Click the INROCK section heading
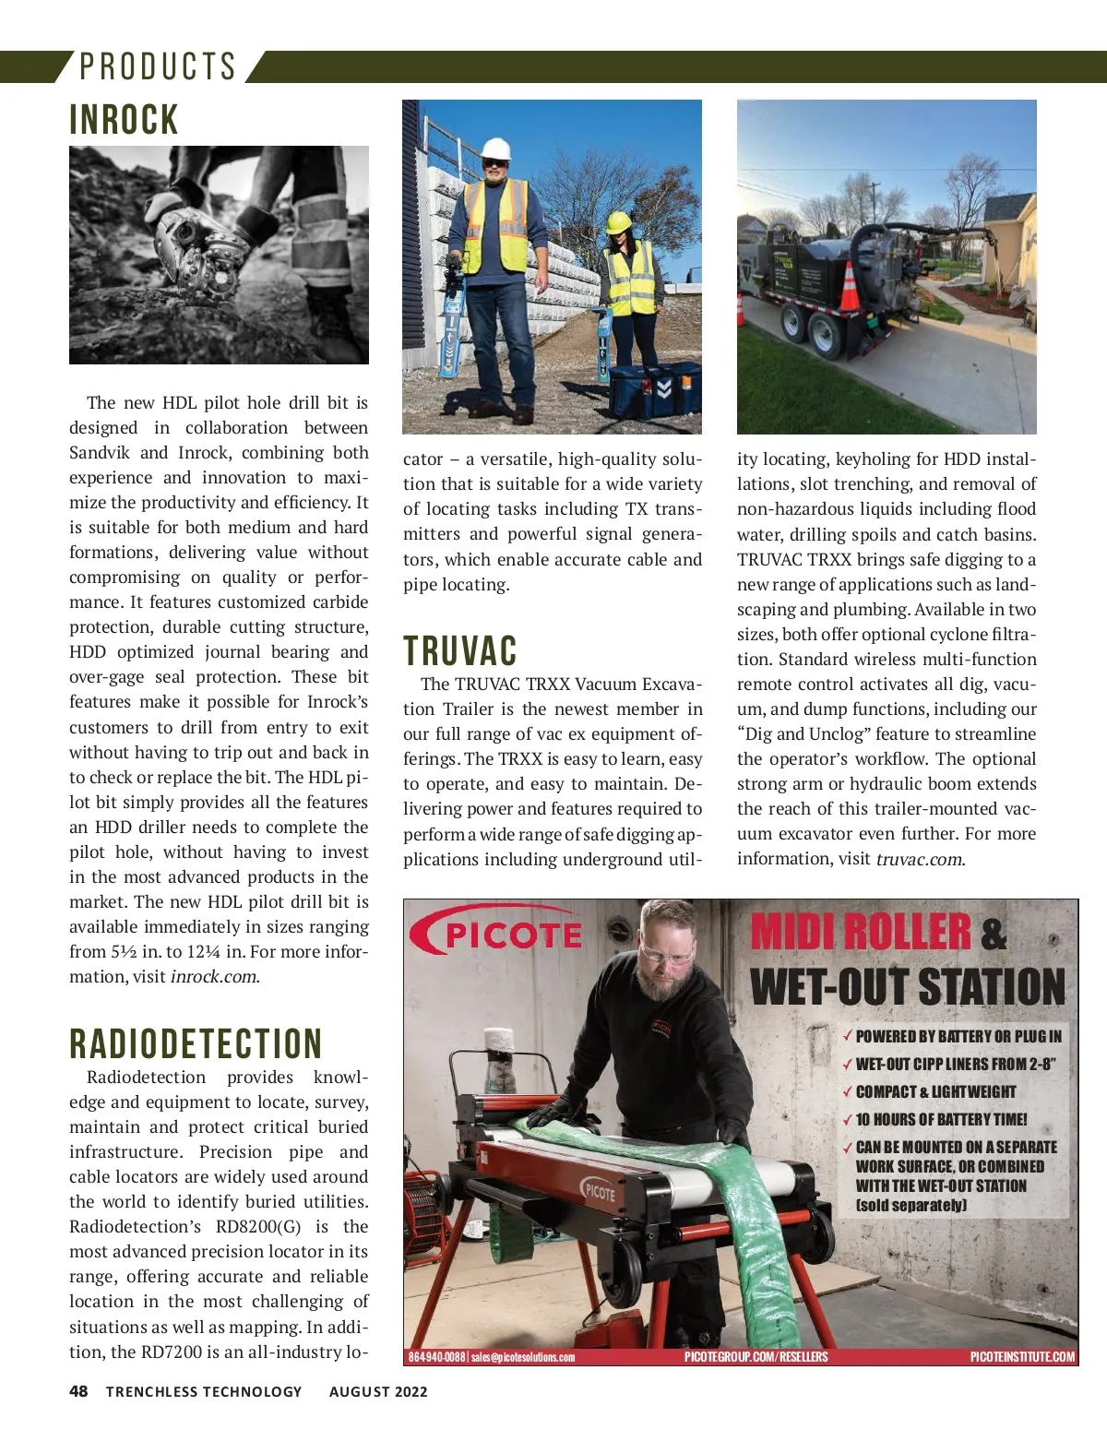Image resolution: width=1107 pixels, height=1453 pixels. [x=124, y=120]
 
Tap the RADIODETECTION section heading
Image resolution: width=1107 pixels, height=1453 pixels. [x=196, y=1043]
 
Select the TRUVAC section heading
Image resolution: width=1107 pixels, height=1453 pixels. [x=459, y=650]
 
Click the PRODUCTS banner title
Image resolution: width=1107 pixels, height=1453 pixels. [x=158, y=66]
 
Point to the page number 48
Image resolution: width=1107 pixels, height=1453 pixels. [x=78, y=1391]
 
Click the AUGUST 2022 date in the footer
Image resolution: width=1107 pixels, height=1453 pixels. [x=378, y=1391]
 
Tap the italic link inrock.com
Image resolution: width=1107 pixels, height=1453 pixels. [x=214, y=977]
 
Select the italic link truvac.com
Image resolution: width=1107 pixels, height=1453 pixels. [x=919, y=859]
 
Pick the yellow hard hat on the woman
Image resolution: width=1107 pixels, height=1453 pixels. [x=618, y=221]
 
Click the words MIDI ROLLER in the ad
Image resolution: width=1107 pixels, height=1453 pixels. [x=861, y=932]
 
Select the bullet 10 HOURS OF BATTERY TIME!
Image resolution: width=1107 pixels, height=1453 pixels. [x=940, y=1119]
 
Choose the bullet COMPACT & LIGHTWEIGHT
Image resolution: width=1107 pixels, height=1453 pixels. [x=934, y=1091]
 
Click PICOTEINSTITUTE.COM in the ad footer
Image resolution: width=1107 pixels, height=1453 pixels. [x=1022, y=1356]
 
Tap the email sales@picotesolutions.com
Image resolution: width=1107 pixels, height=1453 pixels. [x=523, y=1357]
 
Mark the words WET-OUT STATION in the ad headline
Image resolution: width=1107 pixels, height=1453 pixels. [x=908, y=986]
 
